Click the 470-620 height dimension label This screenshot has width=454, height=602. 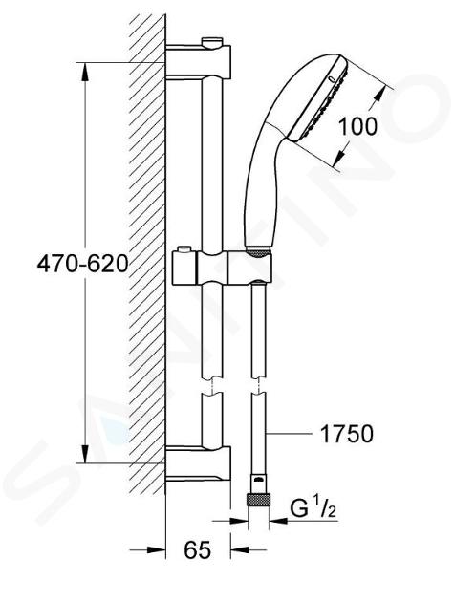coord(82,264)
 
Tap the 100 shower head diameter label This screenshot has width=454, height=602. coord(357,126)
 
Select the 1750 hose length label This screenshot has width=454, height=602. coord(346,434)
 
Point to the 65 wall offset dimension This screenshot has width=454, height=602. coord(198,549)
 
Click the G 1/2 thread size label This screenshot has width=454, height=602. coord(313,509)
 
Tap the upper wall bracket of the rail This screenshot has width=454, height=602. coord(198,61)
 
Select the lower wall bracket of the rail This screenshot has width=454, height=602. coord(198,462)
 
